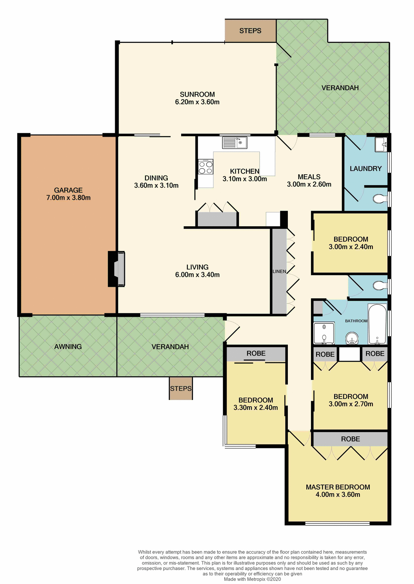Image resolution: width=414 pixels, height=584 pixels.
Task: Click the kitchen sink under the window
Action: (235, 143)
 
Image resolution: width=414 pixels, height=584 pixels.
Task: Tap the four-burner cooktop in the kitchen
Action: (205, 167)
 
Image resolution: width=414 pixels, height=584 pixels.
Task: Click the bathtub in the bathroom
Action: (377, 324)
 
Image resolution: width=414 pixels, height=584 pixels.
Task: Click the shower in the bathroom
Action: (324, 333)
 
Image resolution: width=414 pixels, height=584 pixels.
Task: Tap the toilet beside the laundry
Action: (379, 199)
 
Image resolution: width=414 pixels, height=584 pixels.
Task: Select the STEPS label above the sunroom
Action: (250, 31)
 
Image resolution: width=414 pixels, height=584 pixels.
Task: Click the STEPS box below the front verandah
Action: (181, 388)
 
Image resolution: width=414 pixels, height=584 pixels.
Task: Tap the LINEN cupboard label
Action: (279, 271)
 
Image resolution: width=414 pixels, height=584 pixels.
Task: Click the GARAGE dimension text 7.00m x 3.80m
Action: (68, 198)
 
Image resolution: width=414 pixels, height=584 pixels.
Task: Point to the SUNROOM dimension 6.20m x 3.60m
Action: (197, 102)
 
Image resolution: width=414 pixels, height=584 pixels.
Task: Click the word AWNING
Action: (68, 346)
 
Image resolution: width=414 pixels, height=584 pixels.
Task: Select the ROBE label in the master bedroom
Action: (350, 439)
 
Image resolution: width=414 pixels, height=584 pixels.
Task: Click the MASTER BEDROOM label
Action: (338, 487)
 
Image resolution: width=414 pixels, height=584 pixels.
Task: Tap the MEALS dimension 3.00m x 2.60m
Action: (309, 184)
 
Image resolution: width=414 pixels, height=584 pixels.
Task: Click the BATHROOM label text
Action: (356, 321)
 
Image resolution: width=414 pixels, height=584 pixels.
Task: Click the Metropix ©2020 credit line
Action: (252, 579)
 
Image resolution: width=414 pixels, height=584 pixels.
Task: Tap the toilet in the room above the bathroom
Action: (379, 286)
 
